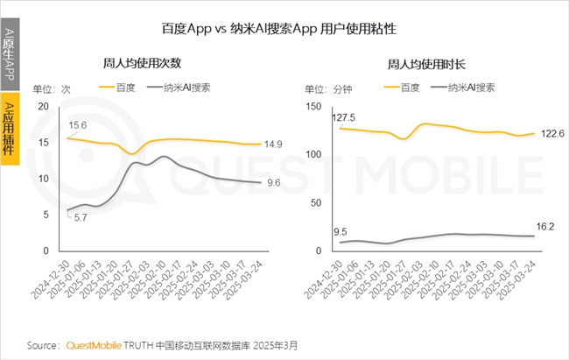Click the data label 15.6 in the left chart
(79, 125)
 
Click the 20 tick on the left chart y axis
(41, 105)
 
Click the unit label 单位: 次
(51, 88)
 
